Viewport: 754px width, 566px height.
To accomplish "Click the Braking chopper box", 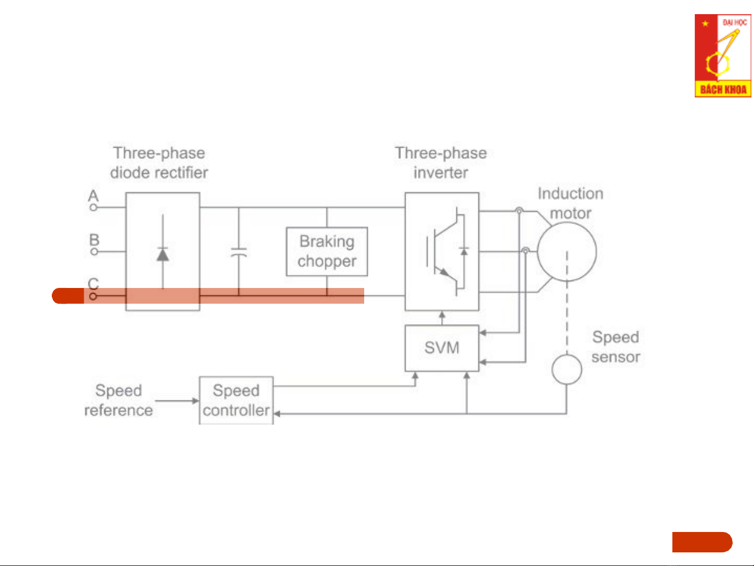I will click(327, 251).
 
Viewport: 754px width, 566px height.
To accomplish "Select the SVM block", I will click(442, 348).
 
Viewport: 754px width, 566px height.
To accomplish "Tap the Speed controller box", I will click(236, 401).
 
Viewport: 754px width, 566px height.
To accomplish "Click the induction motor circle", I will click(567, 251).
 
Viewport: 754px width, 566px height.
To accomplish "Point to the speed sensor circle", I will click(567, 369).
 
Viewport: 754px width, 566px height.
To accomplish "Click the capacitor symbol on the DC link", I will click(239, 252).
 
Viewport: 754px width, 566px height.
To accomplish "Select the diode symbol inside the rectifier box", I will click(163, 254).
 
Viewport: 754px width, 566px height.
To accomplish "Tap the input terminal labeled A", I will click(93, 207).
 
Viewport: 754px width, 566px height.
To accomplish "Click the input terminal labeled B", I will click(94, 251).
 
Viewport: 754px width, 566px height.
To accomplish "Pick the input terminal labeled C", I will click(93, 296).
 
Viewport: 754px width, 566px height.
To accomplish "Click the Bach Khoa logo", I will click(723, 56).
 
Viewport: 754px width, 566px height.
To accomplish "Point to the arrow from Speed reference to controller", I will click(177, 401).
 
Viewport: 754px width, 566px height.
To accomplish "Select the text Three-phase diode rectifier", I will click(159, 162).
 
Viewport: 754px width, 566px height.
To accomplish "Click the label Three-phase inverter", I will click(441, 162).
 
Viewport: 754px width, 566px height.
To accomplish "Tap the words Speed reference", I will click(119, 401).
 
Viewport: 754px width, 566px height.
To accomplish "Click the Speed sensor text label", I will click(616, 347).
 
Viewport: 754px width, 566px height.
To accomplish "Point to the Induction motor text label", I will click(570, 203).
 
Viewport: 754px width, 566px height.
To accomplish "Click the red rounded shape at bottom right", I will click(702, 542).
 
